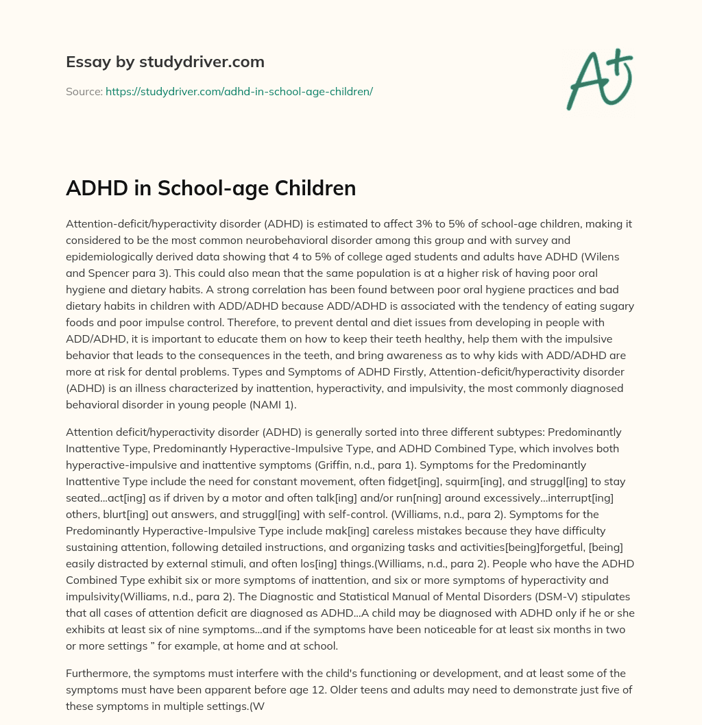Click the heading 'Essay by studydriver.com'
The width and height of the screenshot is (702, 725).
point(165,62)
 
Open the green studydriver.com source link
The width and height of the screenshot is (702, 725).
point(239,91)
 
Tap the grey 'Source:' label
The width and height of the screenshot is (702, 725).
point(84,91)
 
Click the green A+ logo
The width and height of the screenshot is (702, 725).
point(598,79)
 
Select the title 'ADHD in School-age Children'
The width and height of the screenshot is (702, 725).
point(210,188)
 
